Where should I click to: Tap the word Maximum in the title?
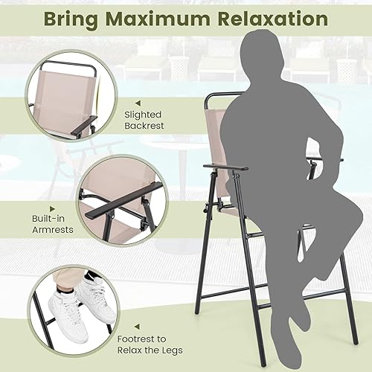point(161,19)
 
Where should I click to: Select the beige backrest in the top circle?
point(63,93)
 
